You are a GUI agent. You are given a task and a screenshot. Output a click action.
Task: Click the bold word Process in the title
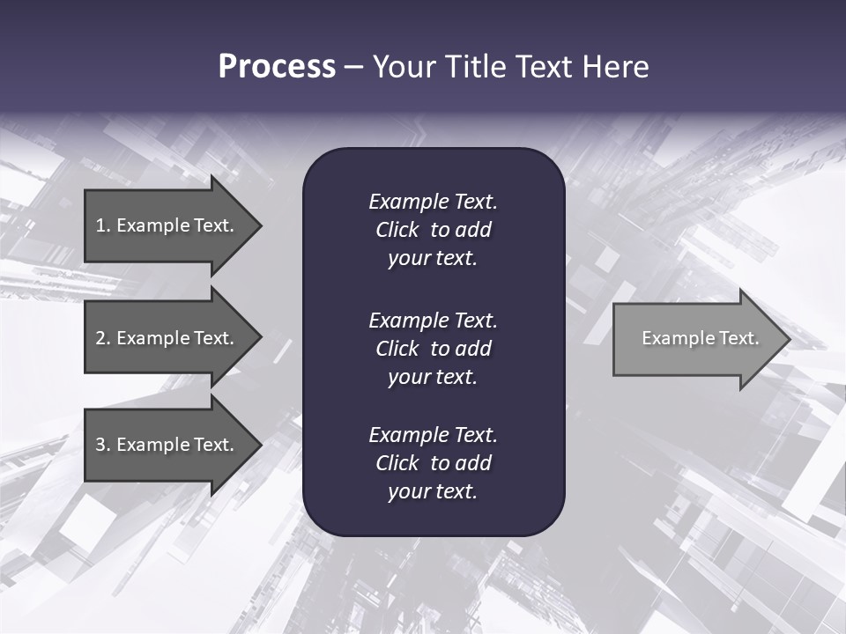click(277, 67)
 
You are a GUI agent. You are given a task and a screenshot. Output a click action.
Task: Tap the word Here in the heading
click(616, 67)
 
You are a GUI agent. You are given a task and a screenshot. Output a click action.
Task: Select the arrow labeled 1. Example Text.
click(167, 225)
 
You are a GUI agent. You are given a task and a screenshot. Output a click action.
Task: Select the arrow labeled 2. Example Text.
click(167, 338)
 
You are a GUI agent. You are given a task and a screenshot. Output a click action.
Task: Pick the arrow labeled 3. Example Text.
click(167, 445)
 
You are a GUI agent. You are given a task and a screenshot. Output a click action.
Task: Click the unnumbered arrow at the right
click(696, 338)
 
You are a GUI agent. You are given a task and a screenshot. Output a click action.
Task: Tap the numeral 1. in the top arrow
click(103, 225)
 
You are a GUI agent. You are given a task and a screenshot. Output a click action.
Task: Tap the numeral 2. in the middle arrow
click(103, 338)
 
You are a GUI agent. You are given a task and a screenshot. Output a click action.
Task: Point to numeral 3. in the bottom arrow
click(103, 445)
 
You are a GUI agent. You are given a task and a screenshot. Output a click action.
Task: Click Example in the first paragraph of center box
click(408, 202)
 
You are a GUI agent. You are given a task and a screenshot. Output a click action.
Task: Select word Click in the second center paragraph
click(397, 349)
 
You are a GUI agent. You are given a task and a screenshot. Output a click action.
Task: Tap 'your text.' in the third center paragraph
click(433, 491)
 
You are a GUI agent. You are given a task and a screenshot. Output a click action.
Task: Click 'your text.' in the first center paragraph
click(433, 259)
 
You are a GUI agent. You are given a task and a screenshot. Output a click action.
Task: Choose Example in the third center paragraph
click(408, 435)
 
